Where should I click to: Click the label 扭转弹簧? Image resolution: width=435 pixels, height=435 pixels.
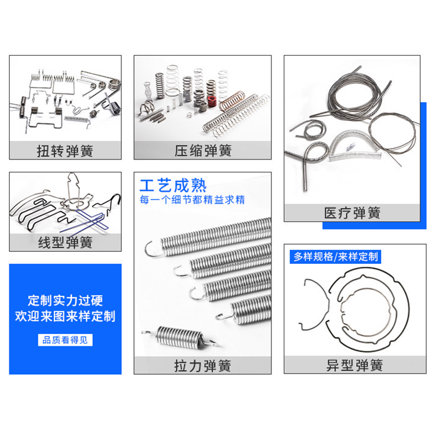pos(65,151)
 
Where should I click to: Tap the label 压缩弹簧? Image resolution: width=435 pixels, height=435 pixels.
pos(203,151)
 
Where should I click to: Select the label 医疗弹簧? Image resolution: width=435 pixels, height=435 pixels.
pos(352,213)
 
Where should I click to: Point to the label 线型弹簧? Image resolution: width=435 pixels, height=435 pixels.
pos(65,242)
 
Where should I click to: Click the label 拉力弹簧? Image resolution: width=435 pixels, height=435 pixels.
pos(202,365)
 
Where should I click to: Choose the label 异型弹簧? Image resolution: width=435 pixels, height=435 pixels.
pos(354,365)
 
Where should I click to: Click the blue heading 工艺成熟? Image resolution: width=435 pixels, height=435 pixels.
pos(173,186)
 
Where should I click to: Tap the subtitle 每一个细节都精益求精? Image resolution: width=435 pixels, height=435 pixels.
pos(192,200)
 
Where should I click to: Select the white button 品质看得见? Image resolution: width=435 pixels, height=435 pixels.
pos(65,340)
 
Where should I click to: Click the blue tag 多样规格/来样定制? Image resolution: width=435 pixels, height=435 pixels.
pos(335,256)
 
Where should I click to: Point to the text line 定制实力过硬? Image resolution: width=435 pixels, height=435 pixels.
pos(65,300)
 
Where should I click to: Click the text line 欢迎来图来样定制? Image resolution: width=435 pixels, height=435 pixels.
pos(65,316)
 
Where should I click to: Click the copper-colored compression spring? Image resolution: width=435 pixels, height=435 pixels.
pos(232,101)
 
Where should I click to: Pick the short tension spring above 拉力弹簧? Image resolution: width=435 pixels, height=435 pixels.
pos(180,336)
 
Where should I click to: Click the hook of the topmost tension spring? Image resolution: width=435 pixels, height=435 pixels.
pos(153,249)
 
